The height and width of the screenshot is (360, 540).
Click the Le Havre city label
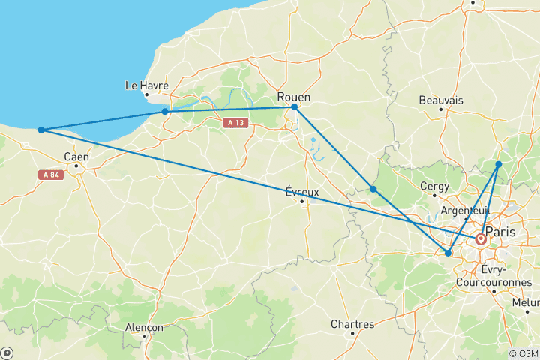pyautogui.click(x=146, y=85)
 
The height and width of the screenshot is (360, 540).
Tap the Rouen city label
pyautogui.click(x=294, y=97)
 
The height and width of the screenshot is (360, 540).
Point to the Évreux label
pyautogui.click(x=302, y=192)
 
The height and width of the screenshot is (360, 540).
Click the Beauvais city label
pyautogui.click(x=441, y=100)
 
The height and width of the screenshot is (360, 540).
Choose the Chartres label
pyautogui.click(x=352, y=324)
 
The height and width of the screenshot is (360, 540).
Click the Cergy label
pyautogui.click(x=435, y=187)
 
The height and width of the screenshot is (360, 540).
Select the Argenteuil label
pyautogui.click(x=464, y=211)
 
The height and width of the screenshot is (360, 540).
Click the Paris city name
pyautogui.click(x=500, y=232)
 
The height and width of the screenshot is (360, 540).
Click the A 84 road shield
pyautogui.click(x=50, y=175)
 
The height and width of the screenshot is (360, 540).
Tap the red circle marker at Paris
pyautogui.click(x=480, y=239)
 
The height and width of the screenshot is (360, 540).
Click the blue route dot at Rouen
pyautogui.click(x=294, y=107)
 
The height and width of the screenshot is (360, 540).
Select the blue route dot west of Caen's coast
pyautogui.click(x=41, y=130)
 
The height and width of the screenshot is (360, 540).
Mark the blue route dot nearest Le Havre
pyautogui.click(x=165, y=112)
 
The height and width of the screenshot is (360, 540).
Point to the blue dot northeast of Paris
pyautogui.click(x=499, y=163)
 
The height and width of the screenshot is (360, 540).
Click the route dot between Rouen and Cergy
pyautogui.click(x=373, y=189)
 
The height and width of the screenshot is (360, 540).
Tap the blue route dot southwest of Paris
pyautogui.click(x=448, y=253)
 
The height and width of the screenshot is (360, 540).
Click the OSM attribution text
pyautogui.click(x=523, y=353)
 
